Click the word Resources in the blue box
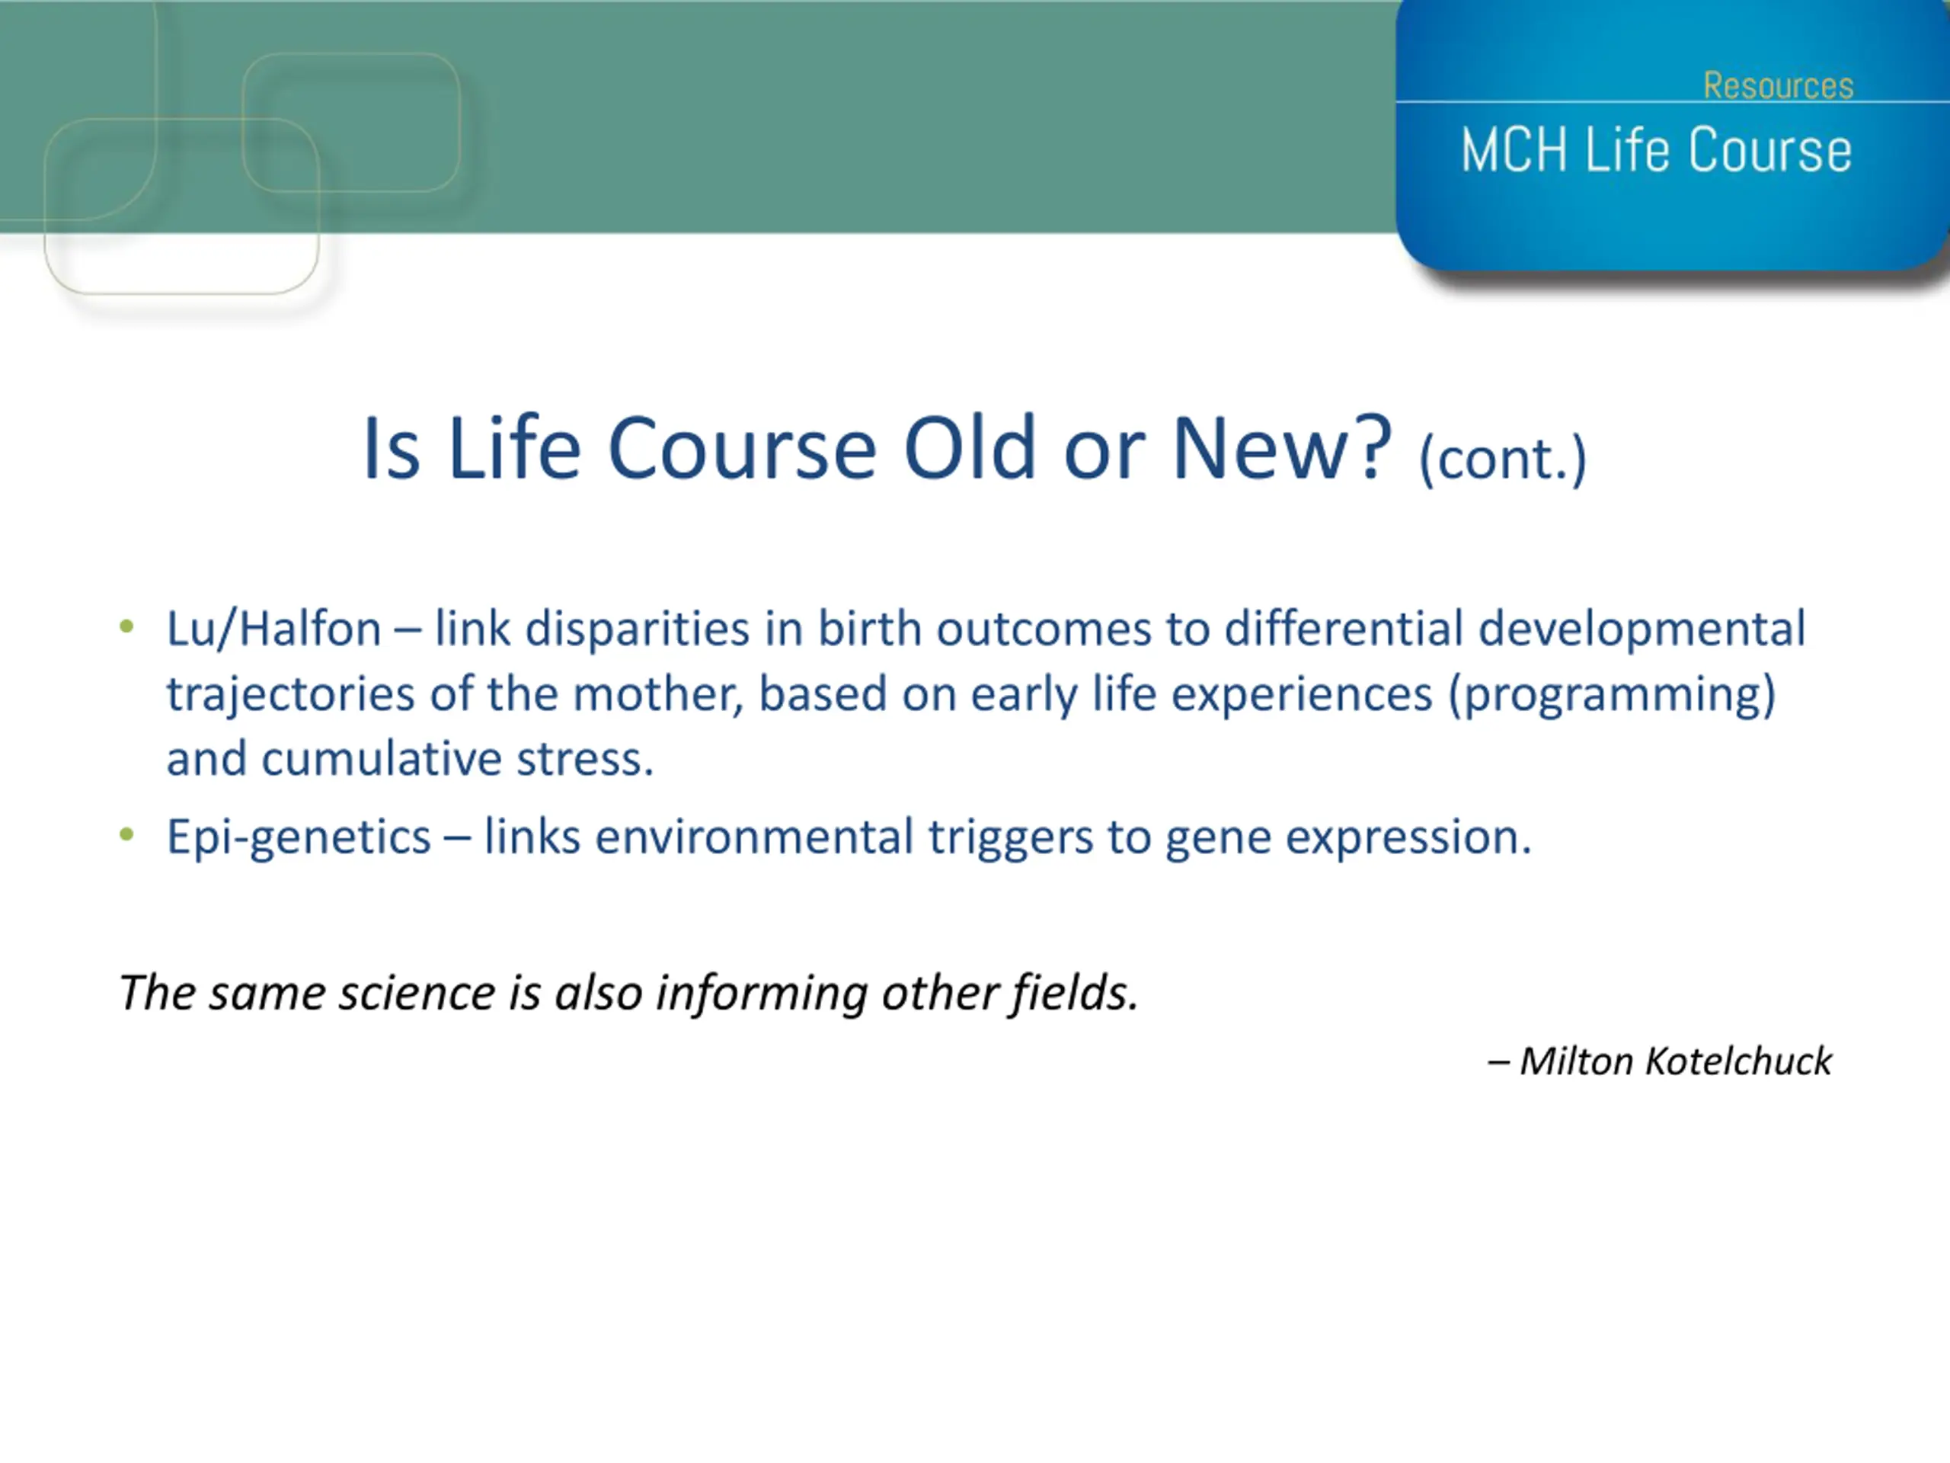coord(1778,85)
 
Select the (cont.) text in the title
coord(1503,459)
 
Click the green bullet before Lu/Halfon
coord(127,626)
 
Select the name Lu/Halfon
coord(274,629)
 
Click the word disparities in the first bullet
coord(637,629)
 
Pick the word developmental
coord(1642,629)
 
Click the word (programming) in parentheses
coord(1613,695)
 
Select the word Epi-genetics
coord(299,837)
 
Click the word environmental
coord(754,837)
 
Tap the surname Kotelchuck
coord(1738,1061)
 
